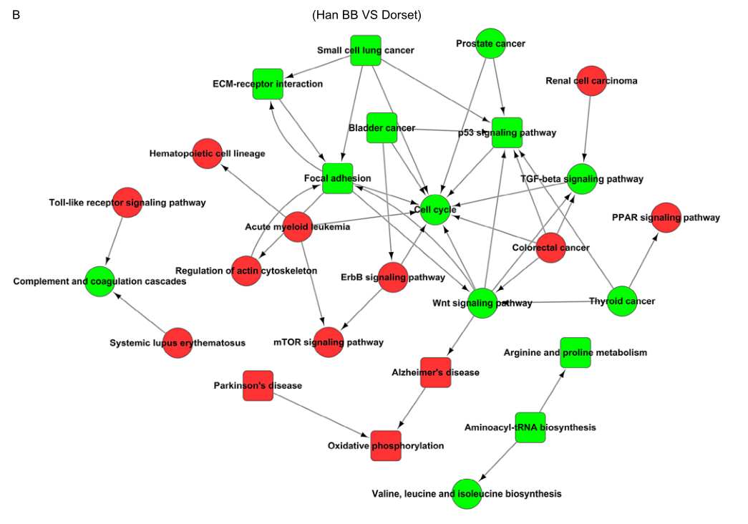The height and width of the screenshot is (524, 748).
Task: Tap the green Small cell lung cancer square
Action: [x=365, y=51]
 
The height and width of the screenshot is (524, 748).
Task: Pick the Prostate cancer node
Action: [x=490, y=44]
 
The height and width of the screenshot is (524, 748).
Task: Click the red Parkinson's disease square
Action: [x=258, y=385]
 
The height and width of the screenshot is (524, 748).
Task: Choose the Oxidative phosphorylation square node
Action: [x=386, y=445]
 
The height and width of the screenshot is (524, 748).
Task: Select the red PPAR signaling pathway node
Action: [x=666, y=218]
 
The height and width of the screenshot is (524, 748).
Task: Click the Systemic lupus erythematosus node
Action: [x=178, y=343]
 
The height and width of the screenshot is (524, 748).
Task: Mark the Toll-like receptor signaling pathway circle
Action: [x=127, y=203]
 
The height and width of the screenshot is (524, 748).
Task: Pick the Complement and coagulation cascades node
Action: [x=99, y=281]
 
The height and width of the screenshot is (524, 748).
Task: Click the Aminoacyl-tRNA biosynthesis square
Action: [x=530, y=427]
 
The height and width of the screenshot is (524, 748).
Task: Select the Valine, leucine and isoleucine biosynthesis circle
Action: [x=467, y=494]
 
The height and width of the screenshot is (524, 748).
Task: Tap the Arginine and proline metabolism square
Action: [x=575, y=352]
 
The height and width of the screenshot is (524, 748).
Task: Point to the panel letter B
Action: [x=16, y=15]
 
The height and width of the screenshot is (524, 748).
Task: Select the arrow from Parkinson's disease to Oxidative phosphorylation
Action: [x=321, y=415]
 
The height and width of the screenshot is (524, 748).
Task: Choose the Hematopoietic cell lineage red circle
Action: [x=207, y=153]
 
